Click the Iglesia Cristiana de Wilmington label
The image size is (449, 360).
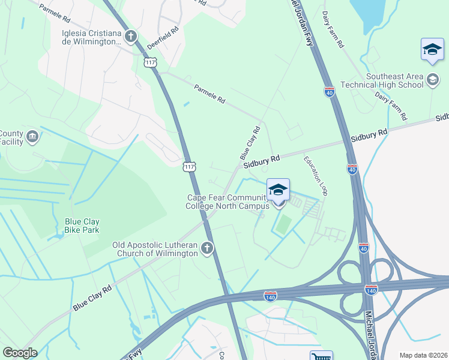[x=91, y=37]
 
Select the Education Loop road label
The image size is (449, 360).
[x=316, y=175]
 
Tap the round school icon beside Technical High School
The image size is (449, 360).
[x=432, y=79]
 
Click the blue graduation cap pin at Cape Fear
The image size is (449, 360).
[x=278, y=191]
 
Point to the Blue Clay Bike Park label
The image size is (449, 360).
[x=82, y=225]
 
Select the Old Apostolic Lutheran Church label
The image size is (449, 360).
[x=155, y=249]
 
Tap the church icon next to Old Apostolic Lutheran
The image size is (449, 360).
[x=207, y=248]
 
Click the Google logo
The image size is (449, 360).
[x=20, y=353]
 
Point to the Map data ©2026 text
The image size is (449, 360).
[x=424, y=355]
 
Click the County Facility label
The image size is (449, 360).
[x=11, y=138]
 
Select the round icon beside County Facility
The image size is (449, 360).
[x=33, y=137]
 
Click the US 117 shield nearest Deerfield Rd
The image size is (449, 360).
[x=149, y=62]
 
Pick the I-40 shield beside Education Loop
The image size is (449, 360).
[x=352, y=169]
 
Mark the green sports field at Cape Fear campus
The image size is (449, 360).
[x=283, y=224]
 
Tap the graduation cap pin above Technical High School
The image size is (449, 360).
[x=432, y=50]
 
